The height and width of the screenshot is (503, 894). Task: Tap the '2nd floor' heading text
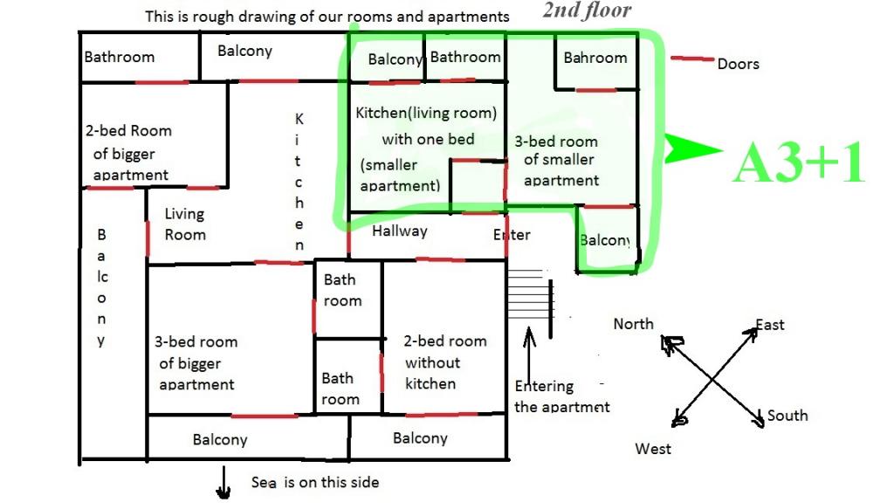click(586, 10)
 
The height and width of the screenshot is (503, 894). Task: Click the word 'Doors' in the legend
click(738, 64)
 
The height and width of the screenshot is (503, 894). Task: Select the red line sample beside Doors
click(692, 59)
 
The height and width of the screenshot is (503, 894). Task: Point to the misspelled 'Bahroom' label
click(595, 58)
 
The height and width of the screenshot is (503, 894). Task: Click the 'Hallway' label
click(400, 231)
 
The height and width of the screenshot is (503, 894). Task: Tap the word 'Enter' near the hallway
click(512, 235)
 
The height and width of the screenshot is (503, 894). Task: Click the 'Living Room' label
click(185, 224)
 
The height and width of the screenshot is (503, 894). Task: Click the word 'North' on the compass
click(633, 324)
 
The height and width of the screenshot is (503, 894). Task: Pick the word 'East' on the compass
click(770, 325)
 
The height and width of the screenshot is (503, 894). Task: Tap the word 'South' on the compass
click(787, 416)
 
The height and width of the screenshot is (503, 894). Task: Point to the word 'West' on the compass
click(653, 448)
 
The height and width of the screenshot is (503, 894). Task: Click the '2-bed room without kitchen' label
click(444, 362)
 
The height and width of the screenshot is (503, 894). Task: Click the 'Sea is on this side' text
click(315, 482)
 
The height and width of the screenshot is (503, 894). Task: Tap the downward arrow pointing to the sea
click(223, 483)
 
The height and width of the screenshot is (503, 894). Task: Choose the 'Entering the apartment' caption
click(561, 396)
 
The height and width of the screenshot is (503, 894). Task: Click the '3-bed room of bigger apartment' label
click(196, 362)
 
